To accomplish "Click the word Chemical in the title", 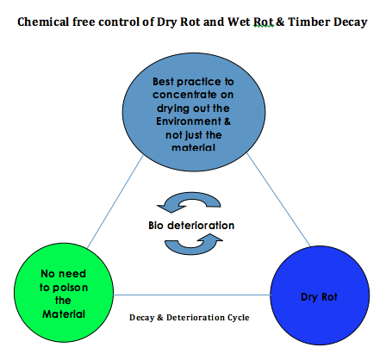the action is click(x=43, y=22).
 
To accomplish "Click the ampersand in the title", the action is click(x=280, y=22).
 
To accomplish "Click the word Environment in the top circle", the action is click(x=189, y=121).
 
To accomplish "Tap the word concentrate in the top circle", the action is click(x=184, y=95).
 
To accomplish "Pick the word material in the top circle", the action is click(x=193, y=147).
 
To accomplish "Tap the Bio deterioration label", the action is click(x=191, y=226).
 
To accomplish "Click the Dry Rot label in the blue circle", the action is click(x=319, y=297).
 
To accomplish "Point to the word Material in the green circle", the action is click(x=64, y=314).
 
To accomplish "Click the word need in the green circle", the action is click(x=72, y=274).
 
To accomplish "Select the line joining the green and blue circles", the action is click(x=192, y=295).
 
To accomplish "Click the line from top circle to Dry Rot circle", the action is click(x=278, y=200).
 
